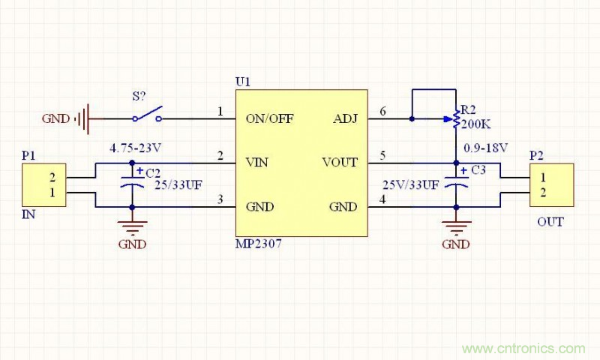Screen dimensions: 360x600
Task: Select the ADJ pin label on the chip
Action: [x=346, y=118]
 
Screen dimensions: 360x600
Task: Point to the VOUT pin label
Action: [x=340, y=162]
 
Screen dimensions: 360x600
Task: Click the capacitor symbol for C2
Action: [x=132, y=184]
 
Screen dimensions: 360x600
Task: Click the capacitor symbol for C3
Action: [x=456, y=184]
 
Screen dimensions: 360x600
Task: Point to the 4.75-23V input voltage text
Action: [x=136, y=148]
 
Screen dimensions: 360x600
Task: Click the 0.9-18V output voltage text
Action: [x=487, y=147]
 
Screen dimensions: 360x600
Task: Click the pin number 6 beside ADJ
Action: [x=383, y=112]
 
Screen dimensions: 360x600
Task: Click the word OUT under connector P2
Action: [x=550, y=222]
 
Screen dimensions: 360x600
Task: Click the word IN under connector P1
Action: [x=28, y=214]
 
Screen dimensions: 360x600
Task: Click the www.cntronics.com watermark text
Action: [x=523, y=349]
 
